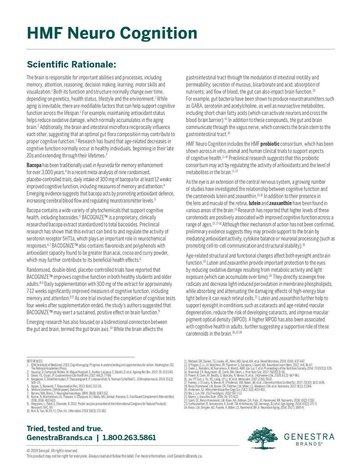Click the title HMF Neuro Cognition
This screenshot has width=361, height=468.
tap(112, 33)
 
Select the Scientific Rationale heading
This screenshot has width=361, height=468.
tap(71, 64)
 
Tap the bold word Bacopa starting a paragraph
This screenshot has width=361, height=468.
tap(34, 165)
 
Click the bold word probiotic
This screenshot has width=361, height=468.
tap(270, 144)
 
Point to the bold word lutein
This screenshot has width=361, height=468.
tap(255, 203)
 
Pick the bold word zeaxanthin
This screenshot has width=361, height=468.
tap(280, 203)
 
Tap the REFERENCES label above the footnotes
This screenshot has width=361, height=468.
tap(35, 361)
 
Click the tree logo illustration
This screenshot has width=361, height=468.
tap(262, 438)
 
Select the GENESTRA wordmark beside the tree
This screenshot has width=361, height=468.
tap(309, 437)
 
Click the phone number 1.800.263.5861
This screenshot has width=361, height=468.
tap(129, 438)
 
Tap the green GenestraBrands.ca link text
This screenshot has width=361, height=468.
tap(59, 438)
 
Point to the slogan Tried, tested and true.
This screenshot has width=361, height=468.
tap(65, 428)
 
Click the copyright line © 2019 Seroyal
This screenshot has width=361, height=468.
tap(52, 451)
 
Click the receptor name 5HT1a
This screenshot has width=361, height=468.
tap(68, 239)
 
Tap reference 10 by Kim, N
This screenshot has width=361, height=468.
tap(67, 410)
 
